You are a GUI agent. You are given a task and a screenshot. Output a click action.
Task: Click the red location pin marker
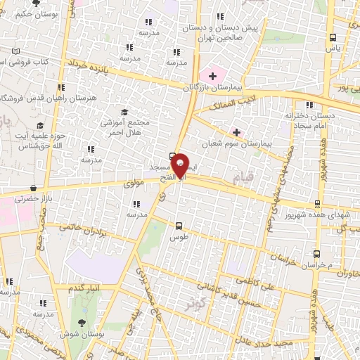click(180, 165)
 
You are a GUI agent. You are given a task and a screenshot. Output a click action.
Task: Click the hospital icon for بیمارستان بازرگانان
click(212, 75)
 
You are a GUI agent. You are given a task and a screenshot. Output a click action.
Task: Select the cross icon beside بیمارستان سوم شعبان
click(236, 131)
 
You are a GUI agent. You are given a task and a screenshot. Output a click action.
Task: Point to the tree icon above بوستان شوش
click(82, 323)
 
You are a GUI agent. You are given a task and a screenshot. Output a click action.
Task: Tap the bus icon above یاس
click(332, 38)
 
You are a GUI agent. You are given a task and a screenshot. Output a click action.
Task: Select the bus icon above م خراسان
click(316, 254)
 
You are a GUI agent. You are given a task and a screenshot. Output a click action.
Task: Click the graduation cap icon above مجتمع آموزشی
click(124, 112)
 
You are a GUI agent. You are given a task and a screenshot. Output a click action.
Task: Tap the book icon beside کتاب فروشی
click(17, 51)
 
